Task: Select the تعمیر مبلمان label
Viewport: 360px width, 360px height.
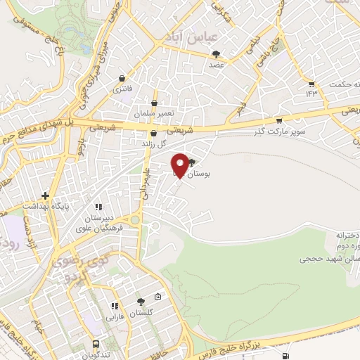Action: click(x=153, y=113)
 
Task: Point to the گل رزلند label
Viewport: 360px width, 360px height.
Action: click(x=153, y=143)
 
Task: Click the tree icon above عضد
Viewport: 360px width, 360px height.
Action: click(x=217, y=53)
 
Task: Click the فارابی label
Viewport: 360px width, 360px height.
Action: click(x=115, y=316)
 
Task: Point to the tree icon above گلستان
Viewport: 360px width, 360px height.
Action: click(x=141, y=302)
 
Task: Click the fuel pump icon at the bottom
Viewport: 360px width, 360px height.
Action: click(x=284, y=356)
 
